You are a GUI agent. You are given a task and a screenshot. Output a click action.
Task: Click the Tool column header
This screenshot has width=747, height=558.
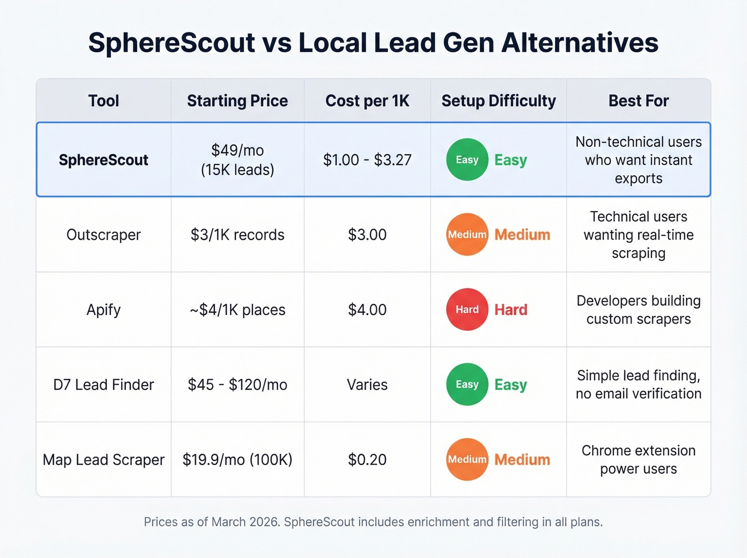pyautogui.click(x=104, y=101)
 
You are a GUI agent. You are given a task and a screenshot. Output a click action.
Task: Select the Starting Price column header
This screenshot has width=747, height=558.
pyautogui.click(x=237, y=101)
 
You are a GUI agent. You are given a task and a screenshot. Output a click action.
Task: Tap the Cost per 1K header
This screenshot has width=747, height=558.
pyautogui.click(x=367, y=101)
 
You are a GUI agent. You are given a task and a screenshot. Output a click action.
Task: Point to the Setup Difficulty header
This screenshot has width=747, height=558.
pyautogui.click(x=498, y=101)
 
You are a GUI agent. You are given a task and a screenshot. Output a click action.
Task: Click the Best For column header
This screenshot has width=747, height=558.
pyautogui.click(x=638, y=101)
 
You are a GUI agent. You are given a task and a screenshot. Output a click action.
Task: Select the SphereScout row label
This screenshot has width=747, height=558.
pyautogui.click(x=104, y=160)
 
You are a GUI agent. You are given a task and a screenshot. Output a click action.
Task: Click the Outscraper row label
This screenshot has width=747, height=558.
pyautogui.click(x=104, y=235)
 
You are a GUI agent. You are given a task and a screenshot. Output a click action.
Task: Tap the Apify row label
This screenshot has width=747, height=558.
pyautogui.click(x=104, y=310)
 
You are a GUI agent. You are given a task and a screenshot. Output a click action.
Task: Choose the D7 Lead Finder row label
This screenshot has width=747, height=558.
pyautogui.click(x=104, y=384)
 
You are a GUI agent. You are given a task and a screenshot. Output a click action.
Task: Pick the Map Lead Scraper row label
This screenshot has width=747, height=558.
pyautogui.click(x=104, y=460)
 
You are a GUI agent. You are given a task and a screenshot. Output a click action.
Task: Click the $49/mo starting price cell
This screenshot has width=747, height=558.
pyautogui.click(x=237, y=160)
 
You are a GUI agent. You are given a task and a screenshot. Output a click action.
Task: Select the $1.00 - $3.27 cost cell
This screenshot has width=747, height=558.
pyautogui.click(x=367, y=160)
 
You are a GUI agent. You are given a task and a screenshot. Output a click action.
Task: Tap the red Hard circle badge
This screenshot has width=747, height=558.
pyautogui.click(x=467, y=310)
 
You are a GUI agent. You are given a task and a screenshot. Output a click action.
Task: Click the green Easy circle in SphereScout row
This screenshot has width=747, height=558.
pyautogui.click(x=467, y=160)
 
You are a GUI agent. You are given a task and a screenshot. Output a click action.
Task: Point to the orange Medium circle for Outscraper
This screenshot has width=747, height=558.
pyautogui.click(x=467, y=234)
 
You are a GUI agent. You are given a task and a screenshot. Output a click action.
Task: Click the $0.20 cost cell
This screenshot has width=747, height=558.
pyautogui.click(x=367, y=460)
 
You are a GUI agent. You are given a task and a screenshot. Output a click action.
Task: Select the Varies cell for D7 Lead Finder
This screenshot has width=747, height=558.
pyautogui.click(x=367, y=384)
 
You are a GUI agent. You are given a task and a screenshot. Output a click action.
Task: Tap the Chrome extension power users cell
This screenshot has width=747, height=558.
pyautogui.click(x=638, y=460)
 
